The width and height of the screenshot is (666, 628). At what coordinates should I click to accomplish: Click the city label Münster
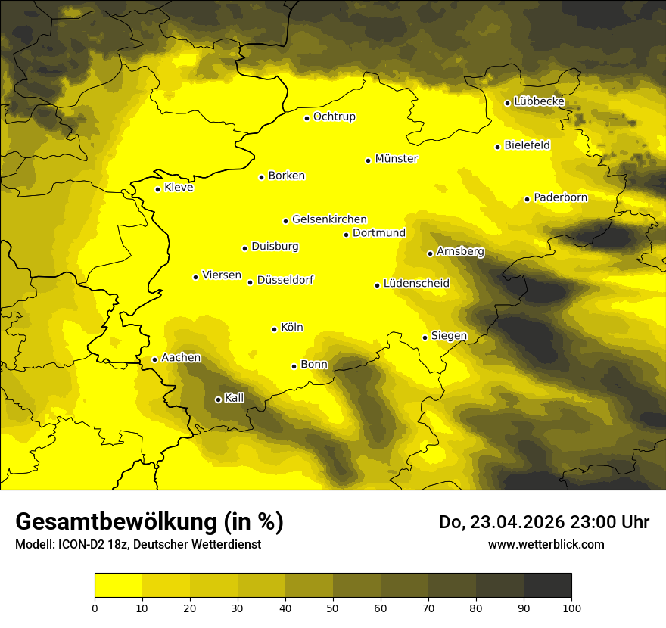pos(396,159)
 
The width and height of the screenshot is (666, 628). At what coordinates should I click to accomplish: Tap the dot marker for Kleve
pos(157,189)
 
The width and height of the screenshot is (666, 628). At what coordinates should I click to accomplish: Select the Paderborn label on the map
pos(560,197)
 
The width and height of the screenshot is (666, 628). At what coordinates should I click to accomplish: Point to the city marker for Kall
pos(218,399)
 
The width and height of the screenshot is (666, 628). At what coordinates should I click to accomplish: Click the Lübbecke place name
pos(539,101)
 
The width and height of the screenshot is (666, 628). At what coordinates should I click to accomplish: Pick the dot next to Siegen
pos(425,337)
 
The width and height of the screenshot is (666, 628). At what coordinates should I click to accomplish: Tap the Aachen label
pos(181,358)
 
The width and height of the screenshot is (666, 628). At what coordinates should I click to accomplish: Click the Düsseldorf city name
pos(285,281)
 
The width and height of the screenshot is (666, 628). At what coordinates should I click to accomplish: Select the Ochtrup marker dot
pos(307,118)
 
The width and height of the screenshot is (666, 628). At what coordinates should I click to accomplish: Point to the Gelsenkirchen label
pos(329,219)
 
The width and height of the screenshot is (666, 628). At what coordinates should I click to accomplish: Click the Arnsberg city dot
pos(430,253)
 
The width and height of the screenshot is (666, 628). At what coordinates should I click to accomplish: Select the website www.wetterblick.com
pos(546,545)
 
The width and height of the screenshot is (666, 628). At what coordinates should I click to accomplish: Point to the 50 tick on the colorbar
pos(333,607)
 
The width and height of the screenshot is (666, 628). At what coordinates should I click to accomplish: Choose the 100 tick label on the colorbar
pos(571,607)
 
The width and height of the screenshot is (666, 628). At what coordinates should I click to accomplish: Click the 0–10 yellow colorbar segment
pos(118,585)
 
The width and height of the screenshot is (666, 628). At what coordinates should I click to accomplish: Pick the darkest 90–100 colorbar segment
pos(547,585)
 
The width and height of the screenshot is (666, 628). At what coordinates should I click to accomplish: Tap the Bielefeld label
pos(527,145)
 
